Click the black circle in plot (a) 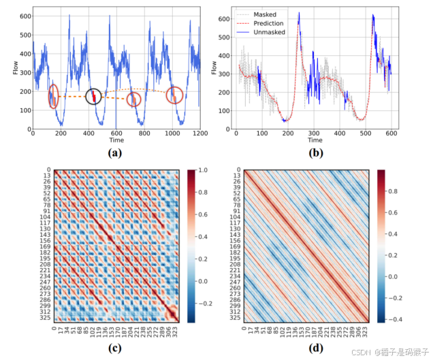[x=94, y=97]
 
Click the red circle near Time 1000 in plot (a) [x=175, y=95]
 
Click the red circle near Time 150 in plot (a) [x=54, y=96]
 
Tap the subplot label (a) [x=116, y=152]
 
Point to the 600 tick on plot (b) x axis [x=390, y=134]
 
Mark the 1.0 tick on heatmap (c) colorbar [x=199, y=170]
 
